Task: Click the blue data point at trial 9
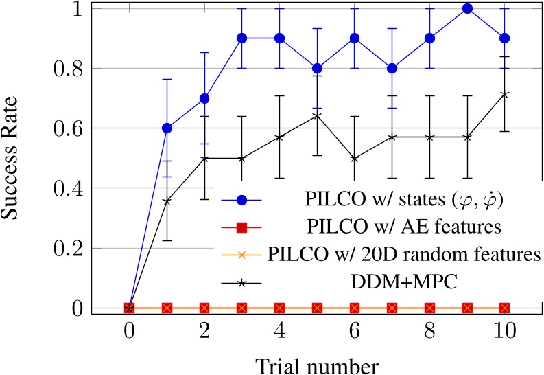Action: (467, 8)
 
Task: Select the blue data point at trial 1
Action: (166, 128)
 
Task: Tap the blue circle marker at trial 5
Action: (317, 68)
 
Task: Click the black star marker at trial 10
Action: (505, 94)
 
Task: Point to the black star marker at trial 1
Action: (166, 201)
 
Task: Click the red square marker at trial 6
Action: (355, 308)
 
